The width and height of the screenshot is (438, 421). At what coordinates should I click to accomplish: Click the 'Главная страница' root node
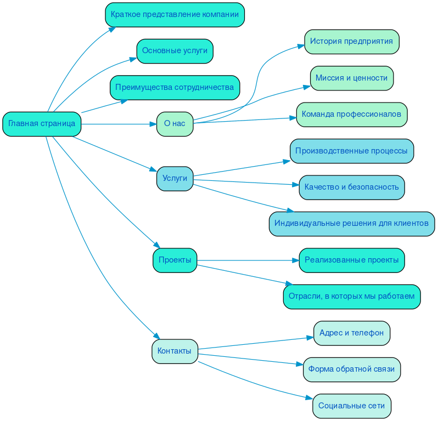click(x=42, y=124)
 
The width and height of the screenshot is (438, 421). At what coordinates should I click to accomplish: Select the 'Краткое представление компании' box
click(x=175, y=14)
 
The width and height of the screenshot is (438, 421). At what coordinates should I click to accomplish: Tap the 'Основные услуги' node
click(x=175, y=51)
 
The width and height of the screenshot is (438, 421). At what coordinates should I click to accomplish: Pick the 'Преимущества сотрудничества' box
click(x=175, y=88)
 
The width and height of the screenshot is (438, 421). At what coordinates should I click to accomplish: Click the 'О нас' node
click(x=175, y=124)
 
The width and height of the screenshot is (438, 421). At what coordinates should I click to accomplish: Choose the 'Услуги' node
click(x=175, y=179)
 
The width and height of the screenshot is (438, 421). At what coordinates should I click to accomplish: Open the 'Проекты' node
click(x=175, y=260)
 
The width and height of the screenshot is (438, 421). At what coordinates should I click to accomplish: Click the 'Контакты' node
click(x=175, y=351)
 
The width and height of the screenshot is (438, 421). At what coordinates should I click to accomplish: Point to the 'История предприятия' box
click(x=351, y=42)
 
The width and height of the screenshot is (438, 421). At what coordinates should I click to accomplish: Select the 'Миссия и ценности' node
click(x=351, y=78)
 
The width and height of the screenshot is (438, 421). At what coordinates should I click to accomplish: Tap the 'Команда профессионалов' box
click(x=351, y=115)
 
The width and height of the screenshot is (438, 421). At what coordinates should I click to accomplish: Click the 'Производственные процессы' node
click(x=351, y=151)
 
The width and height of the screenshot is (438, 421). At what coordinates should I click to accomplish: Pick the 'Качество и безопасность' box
click(x=351, y=187)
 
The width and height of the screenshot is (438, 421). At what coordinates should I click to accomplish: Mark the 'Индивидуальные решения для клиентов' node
click(x=351, y=224)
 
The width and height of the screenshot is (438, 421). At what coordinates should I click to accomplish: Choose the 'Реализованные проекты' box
click(x=351, y=260)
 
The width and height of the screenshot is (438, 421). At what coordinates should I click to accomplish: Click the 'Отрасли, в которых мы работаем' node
click(x=351, y=297)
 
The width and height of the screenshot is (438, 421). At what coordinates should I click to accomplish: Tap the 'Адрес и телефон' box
click(x=351, y=333)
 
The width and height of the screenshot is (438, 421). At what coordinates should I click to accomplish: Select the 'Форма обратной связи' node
click(x=351, y=369)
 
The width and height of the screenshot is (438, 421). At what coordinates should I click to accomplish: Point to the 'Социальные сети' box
click(x=351, y=406)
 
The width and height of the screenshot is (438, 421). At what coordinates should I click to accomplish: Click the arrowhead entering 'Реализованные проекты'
click(x=295, y=260)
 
